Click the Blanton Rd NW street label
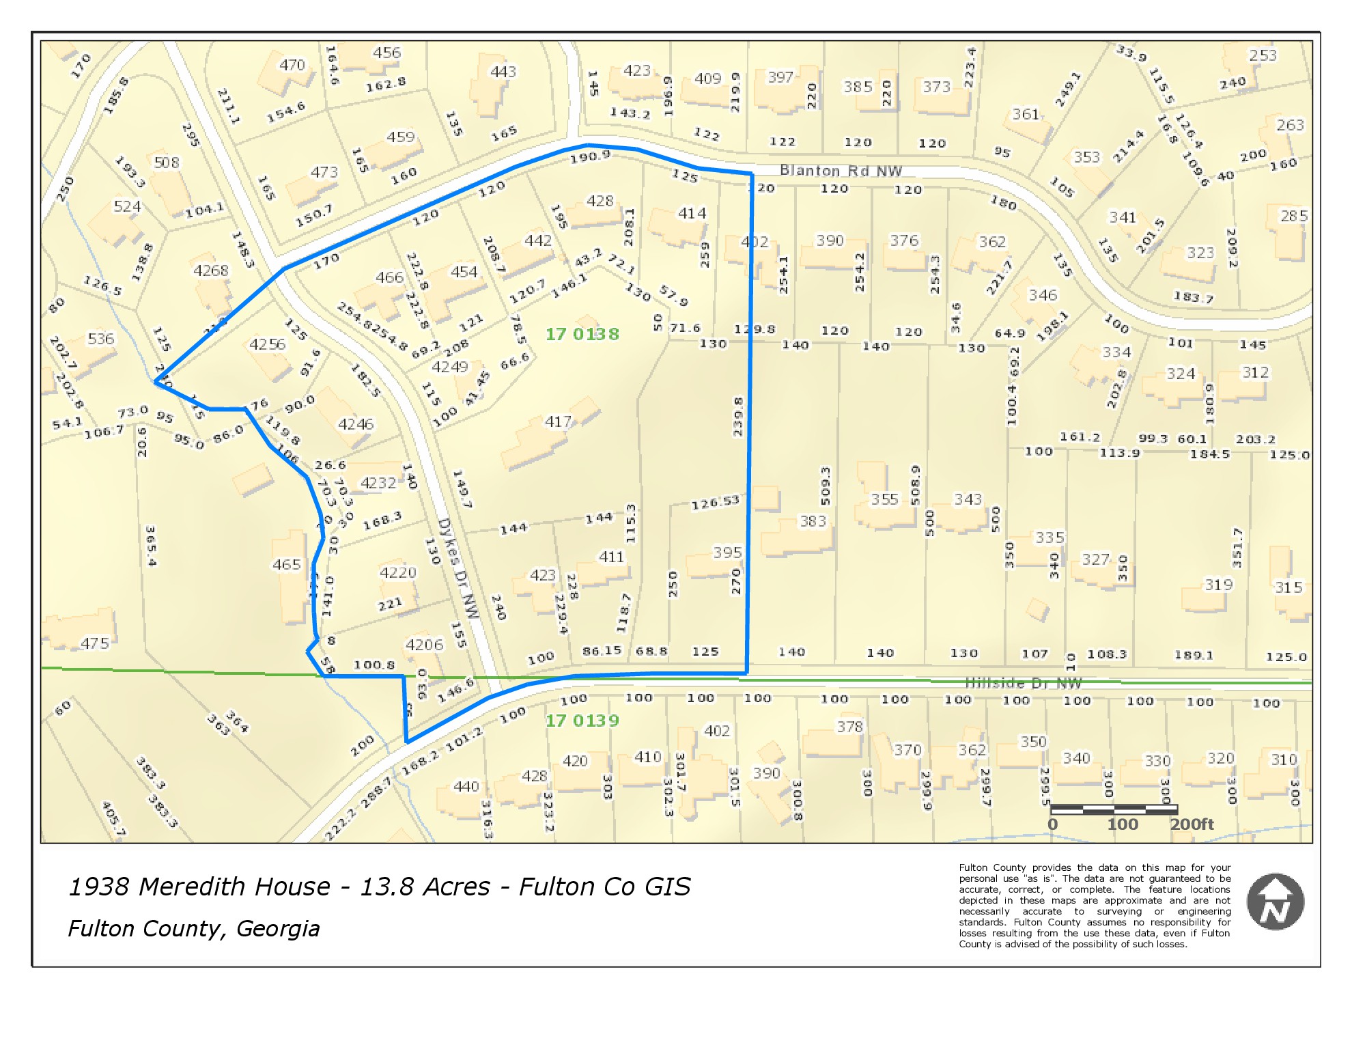click(841, 171)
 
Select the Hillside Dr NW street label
click(1023, 682)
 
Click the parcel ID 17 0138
click(582, 334)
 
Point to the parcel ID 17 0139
click(582, 721)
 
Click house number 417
click(558, 422)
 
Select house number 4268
click(210, 270)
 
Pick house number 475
click(94, 643)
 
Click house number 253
click(1263, 55)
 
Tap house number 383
click(813, 522)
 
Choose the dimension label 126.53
click(715, 503)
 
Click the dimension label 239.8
click(737, 417)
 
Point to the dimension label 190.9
click(590, 156)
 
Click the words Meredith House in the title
click(234, 887)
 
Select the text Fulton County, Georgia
click(194, 929)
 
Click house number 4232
click(378, 483)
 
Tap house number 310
click(1283, 760)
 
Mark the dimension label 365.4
click(151, 546)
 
